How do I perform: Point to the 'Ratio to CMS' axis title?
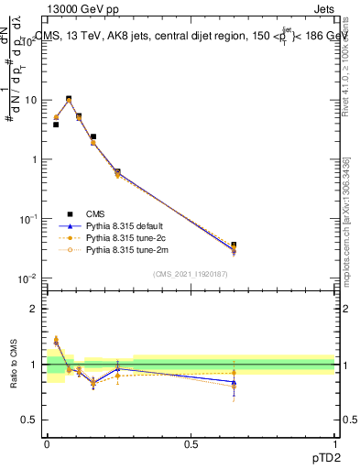click(x=13, y=364)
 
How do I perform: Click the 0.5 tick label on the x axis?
click(x=191, y=444)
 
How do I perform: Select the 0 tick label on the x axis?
click(x=47, y=444)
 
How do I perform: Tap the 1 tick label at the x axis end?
click(x=334, y=444)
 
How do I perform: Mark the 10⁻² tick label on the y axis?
click(x=29, y=278)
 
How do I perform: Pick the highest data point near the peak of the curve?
click(x=69, y=99)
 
